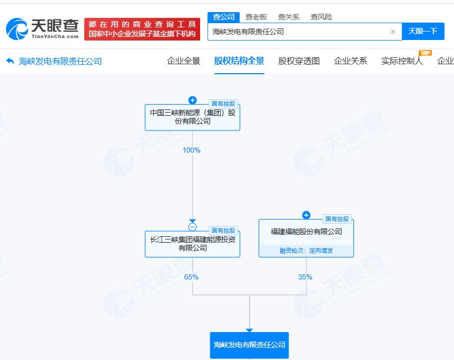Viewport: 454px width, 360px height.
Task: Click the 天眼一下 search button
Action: pos(423,31)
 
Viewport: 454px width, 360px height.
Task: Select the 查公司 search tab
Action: pos(223,17)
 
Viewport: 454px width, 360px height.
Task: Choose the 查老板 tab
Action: pos(256,17)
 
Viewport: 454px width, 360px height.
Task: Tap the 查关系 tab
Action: pos(289,17)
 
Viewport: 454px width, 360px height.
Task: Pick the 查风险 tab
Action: pos(321,17)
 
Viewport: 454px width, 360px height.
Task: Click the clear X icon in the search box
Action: pos(393,32)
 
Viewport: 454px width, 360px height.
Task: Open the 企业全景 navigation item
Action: pos(184,61)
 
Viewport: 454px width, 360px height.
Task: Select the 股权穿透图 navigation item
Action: pos(299,61)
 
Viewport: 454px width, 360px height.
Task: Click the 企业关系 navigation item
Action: pos(350,61)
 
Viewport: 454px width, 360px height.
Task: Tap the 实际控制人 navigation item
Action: pos(402,61)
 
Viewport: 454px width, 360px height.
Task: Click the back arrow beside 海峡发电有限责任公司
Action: pos(10,61)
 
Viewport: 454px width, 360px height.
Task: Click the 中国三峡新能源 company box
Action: pos(193,117)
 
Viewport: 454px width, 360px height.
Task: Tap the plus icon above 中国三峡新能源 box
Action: pos(193,100)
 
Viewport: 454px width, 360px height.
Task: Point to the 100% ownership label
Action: pos(191,150)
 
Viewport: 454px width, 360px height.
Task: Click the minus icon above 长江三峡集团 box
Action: pos(193,227)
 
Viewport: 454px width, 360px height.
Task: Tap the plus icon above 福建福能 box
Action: pos(307,215)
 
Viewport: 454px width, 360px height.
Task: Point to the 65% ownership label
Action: pos(191,277)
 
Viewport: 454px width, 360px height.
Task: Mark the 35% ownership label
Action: pos(305,277)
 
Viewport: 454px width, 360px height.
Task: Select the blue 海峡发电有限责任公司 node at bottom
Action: pos(249,345)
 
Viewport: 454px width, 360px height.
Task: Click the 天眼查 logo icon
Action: pos(17,29)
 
